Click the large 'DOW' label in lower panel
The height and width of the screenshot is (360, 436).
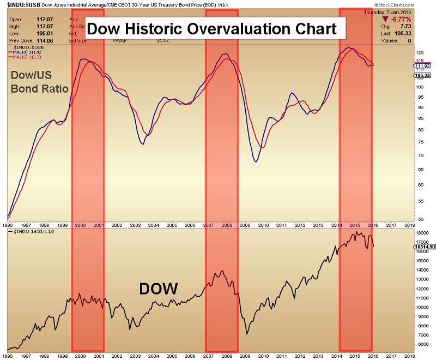click(159, 289)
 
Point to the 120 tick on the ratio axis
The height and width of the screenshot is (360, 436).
click(404, 53)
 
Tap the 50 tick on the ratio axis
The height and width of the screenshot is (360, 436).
click(404, 219)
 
